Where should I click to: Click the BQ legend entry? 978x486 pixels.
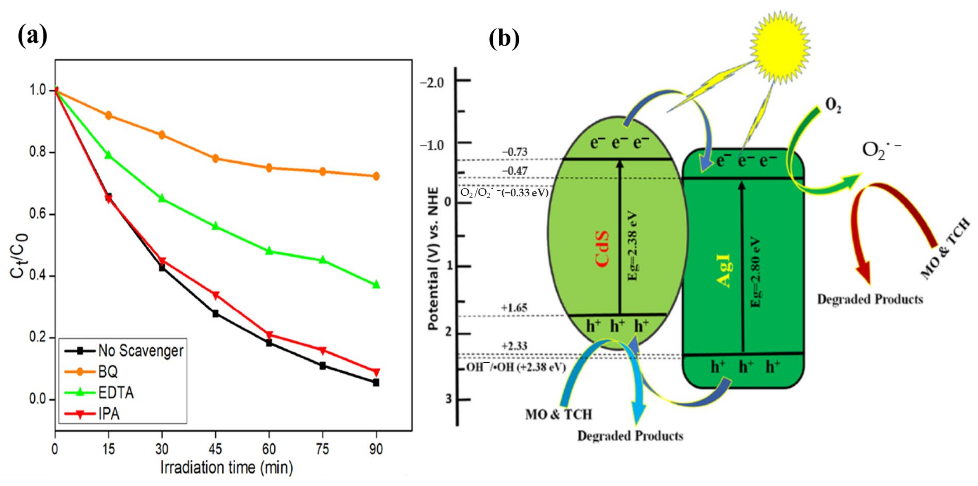click(108, 372)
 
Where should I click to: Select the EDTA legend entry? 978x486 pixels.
click(116, 393)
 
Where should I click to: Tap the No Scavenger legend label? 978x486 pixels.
click(141, 351)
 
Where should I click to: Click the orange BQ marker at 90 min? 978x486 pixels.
click(376, 176)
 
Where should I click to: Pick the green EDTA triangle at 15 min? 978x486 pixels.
click(108, 155)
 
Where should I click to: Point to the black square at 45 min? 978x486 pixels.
click(215, 314)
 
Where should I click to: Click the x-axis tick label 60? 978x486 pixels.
click(269, 449)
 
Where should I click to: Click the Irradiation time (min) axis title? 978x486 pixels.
click(226, 468)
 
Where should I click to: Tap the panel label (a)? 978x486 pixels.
click(33, 36)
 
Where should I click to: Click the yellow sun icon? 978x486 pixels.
click(780, 48)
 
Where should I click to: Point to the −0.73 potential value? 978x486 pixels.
click(515, 152)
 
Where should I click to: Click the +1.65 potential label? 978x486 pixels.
click(514, 307)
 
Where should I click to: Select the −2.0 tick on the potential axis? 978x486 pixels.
click(432, 82)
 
